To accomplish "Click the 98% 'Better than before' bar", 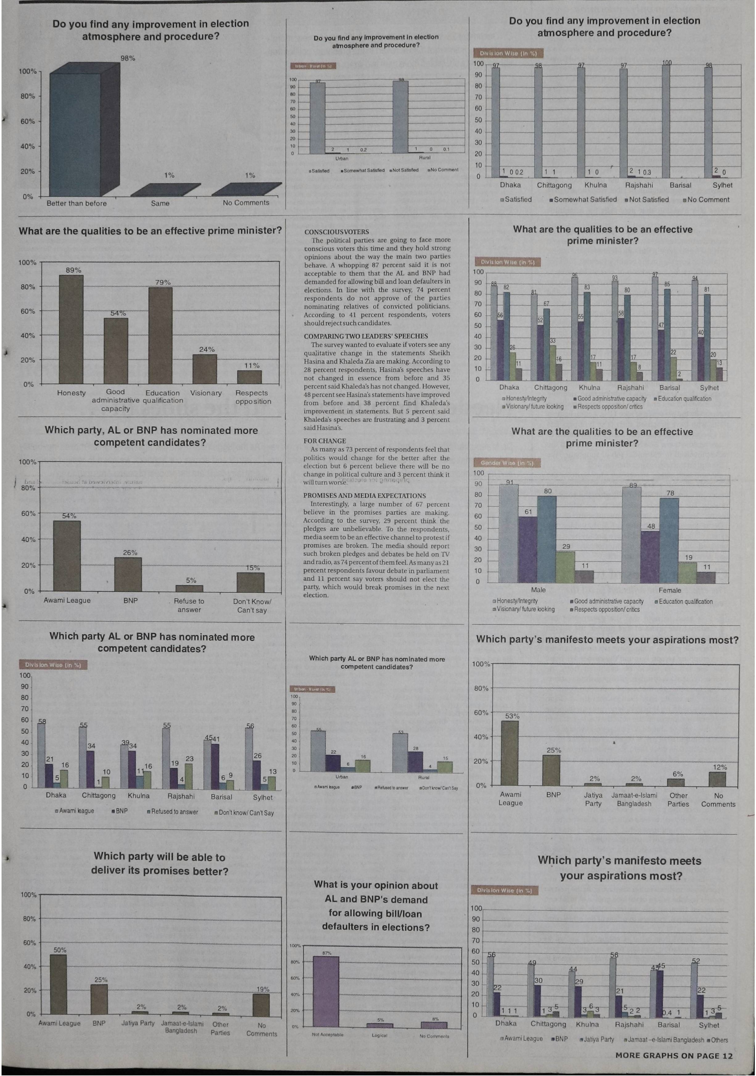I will pyautogui.click(x=75, y=135).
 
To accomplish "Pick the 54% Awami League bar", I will pyautogui.click(x=67, y=556).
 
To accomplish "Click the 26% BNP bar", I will pyautogui.click(x=128, y=574).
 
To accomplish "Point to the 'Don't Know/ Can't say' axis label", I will pyautogui.click(x=252, y=606).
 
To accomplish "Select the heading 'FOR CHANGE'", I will pyautogui.click(x=324, y=441).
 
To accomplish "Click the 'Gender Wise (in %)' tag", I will pyautogui.click(x=507, y=463).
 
